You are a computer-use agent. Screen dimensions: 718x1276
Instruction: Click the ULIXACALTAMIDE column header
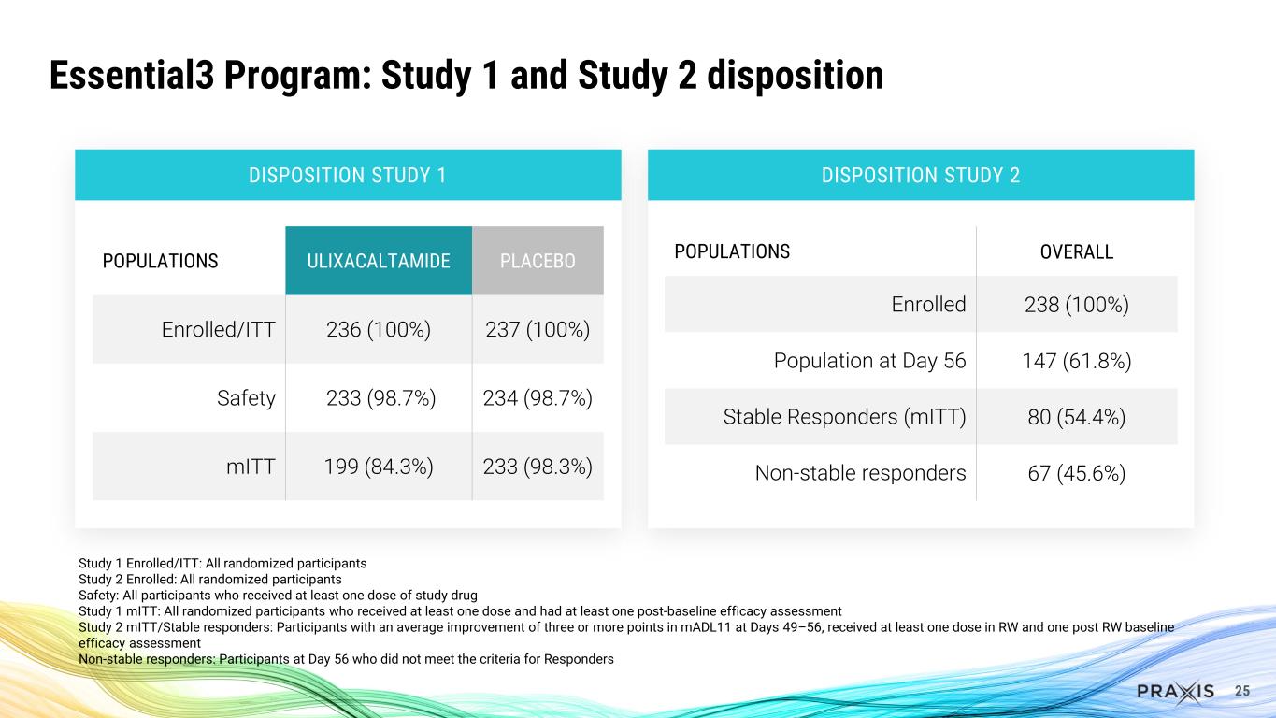378,261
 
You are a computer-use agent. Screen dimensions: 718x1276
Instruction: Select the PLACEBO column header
538,261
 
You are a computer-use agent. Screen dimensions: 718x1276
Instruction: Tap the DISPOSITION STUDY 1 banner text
347,175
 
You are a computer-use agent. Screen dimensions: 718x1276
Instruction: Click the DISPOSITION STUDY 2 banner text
920,175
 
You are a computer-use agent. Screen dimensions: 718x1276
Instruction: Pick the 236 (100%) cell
378,330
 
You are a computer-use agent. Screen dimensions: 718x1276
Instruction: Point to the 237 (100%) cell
538,330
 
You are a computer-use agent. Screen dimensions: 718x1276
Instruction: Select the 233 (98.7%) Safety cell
378,398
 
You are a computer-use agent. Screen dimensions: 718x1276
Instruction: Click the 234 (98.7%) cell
538,398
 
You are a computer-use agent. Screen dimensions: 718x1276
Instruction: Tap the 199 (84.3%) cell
378,466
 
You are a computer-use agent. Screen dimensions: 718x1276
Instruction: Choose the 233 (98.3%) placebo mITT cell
538,466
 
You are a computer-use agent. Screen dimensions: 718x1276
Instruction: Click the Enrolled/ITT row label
220,330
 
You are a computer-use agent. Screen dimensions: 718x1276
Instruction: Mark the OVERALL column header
1076,252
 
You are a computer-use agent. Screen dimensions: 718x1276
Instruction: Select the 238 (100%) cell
1076,304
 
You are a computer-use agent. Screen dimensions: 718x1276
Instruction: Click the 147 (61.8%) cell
1076,360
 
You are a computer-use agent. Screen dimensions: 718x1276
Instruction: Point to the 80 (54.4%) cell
1076,416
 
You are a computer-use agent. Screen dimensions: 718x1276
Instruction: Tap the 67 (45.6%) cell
1076,473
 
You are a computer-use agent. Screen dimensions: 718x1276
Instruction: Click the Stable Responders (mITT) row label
844,416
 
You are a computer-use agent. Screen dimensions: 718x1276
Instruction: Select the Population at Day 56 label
869,360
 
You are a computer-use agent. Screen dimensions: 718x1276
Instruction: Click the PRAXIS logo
1176,691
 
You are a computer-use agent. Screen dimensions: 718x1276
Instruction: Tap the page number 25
1242,691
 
